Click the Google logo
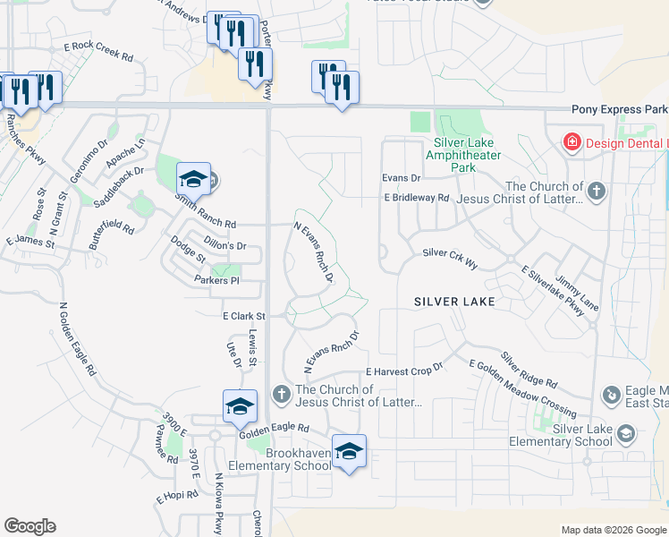click(x=30, y=526)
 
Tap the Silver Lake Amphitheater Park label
click(x=462, y=155)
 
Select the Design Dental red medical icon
click(x=571, y=142)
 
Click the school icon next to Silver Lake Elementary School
click(x=627, y=434)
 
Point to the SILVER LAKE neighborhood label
click(x=454, y=303)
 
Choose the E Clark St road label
click(x=244, y=316)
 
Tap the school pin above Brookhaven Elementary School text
click(x=349, y=451)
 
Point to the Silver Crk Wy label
click(x=451, y=254)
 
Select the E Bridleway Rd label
click(x=416, y=197)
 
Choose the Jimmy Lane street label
click(x=577, y=293)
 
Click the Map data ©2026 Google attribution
click(x=613, y=530)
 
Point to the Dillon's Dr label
click(x=223, y=245)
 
